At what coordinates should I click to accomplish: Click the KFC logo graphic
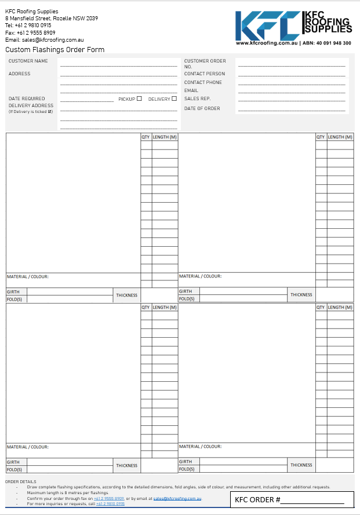tap(268, 25)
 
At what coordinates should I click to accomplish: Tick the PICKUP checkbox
tap(139, 98)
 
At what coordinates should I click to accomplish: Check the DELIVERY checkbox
tap(174, 98)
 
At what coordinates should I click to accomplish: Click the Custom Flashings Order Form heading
tap(54, 50)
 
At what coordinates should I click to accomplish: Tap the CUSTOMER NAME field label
tap(28, 61)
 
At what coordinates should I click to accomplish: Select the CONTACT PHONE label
tap(203, 82)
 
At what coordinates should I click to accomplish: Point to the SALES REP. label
tap(197, 98)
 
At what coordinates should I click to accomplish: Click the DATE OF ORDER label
tap(202, 108)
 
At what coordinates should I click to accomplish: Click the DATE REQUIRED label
tap(27, 98)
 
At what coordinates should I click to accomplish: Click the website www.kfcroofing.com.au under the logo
tap(267, 43)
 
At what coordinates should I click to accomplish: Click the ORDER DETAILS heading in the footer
tap(21, 481)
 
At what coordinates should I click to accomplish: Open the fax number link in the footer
tap(109, 498)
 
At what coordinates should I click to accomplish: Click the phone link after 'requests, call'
tap(110, 504)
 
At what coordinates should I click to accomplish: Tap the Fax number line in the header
tap(30, 32)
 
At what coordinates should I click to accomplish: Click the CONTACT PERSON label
tap(204, 74)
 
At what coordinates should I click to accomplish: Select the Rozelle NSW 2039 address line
tap(52, 18)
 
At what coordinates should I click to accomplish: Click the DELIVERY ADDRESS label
tap(31, 105)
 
